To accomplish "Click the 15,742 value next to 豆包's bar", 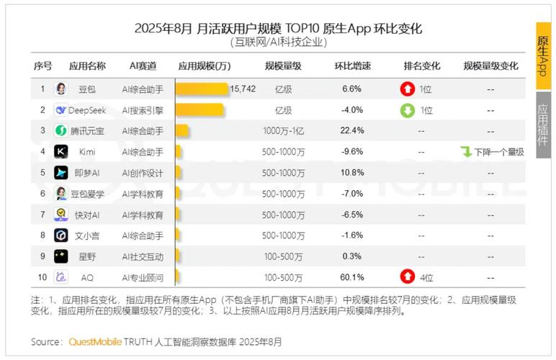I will point(243,89).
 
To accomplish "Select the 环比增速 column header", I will point(352,66).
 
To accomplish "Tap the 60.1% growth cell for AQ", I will point(352,277).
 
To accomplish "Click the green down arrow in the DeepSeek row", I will point(408,110).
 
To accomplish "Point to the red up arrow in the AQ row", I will point(408,277).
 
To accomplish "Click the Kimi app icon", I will point(61,152).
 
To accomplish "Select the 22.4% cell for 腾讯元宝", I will point(352,131).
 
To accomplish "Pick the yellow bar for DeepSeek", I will point(199,110).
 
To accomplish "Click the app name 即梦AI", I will point(87,173).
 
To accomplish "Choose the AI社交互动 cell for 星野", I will point(143,256).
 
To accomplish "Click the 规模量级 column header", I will point(283,66).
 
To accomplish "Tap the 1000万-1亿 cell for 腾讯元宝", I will point(283,131).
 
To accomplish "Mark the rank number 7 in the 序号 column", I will point(42,215).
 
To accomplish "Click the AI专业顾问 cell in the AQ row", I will point(143,277).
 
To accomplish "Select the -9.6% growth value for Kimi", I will point(352,152).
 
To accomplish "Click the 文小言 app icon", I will point(61,235).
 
